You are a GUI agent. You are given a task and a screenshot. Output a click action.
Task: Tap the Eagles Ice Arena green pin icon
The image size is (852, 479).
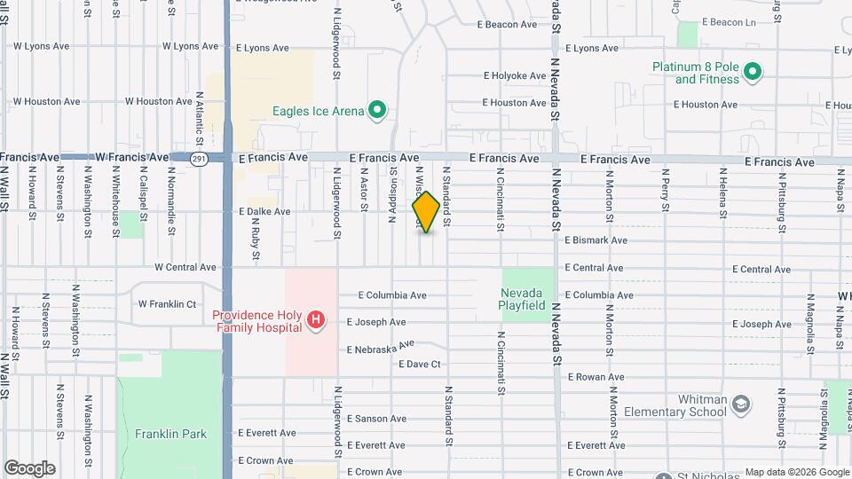(377, 111)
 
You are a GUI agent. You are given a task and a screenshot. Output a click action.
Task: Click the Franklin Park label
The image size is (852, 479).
(170, 434)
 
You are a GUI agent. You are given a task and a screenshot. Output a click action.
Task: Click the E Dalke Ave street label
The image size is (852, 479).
(264, 212)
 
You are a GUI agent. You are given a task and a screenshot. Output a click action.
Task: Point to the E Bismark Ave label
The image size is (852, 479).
(596, 240)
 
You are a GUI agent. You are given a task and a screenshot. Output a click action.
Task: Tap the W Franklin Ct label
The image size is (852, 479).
(167, 303)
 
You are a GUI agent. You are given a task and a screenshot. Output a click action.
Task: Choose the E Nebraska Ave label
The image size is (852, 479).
(381, 347)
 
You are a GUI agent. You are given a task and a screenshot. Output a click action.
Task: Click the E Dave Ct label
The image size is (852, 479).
(420, 364)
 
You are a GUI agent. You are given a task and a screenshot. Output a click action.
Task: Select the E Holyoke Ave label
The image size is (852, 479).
(514, 76)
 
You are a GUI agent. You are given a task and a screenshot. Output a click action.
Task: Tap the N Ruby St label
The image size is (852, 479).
(256, 240)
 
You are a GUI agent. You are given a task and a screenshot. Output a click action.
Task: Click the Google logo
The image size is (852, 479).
(29, 468)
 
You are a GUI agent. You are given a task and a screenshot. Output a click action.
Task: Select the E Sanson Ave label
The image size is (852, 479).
(376, 419)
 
